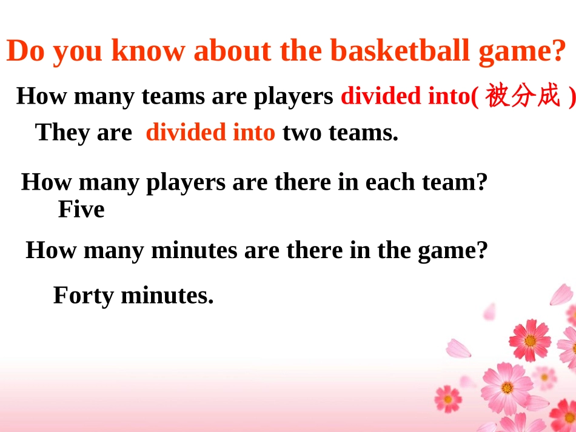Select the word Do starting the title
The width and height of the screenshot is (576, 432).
[27, 51]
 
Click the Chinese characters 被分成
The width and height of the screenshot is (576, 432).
[523, 97]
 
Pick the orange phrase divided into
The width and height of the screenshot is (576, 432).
[210, 132]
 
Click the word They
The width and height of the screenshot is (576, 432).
[59, 132]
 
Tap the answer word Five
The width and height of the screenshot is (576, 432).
[81, 210]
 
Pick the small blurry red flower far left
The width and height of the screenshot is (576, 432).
[447, 398]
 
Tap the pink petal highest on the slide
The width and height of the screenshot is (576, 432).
[561, 294]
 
